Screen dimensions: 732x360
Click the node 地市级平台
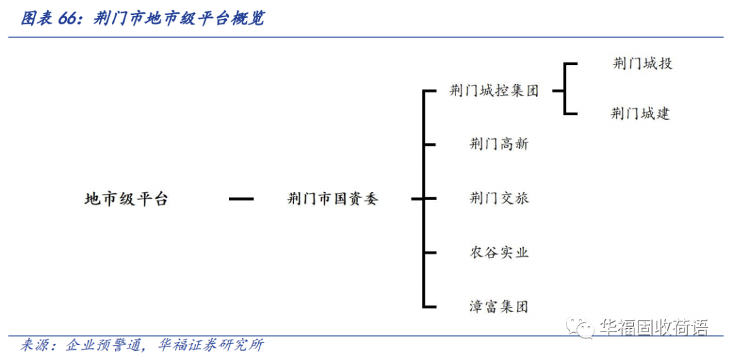click(x=126, y=199)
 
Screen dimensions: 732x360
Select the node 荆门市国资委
click(x=332, y=199)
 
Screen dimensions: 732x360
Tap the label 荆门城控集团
click(x=494, y=91)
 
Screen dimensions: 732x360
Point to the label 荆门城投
click(x=642, y=64)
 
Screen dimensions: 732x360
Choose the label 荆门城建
click(x=640, y=114)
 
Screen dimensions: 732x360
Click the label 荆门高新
click(x=499, y=144)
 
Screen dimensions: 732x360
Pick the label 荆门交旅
click(x=499, y=199)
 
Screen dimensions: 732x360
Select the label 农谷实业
click(x=499, y=253)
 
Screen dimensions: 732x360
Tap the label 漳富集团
click(x=499, y=306)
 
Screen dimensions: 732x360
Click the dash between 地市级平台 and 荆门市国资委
click(x=241, y=199)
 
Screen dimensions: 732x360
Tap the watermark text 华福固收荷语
click(x=653, y=329)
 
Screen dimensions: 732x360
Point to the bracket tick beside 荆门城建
click(x=570, y=114)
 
